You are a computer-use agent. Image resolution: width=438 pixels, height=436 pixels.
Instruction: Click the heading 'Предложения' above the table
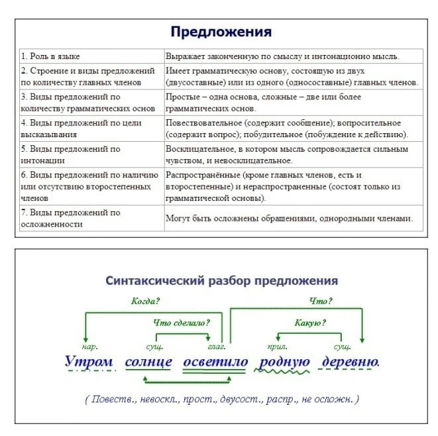[221, 31]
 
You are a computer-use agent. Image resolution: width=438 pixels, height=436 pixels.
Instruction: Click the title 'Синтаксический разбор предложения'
[221, 280]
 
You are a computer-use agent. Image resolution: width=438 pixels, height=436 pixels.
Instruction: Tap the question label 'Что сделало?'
[182, 323]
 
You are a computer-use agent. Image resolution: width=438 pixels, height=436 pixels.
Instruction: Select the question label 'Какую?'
[310, 323]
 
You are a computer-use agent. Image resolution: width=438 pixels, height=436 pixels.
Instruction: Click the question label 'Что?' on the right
[321, 301]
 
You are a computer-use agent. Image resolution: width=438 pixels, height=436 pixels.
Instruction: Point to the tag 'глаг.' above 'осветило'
[217, 346]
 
